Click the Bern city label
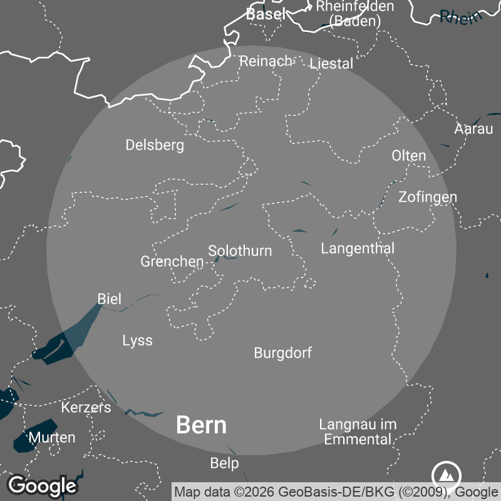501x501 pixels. pos(201,425)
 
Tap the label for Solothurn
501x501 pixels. pos(240,251)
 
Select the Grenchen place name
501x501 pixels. pos(172,262)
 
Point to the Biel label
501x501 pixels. pos(110,299)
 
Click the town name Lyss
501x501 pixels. pos(137,341)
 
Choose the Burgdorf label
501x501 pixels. pos(282,353)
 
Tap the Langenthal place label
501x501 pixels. pos(358,249)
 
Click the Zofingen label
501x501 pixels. pos(428,197)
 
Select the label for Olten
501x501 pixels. pos(408,156)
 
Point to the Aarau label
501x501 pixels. pos(473,130)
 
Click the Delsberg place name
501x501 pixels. pos(155,145)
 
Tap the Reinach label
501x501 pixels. pos(266,61)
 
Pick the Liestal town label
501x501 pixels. pos(331,64)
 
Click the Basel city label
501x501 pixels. pos(266,14)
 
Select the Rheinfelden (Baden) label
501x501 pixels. pos(355,13)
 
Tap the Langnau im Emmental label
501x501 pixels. pos(358,431)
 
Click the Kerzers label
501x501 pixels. pos(86,408)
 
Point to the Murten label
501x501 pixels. pos(52,437)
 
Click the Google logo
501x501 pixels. pos(42,485)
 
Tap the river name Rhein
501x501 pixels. pos(462,17)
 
